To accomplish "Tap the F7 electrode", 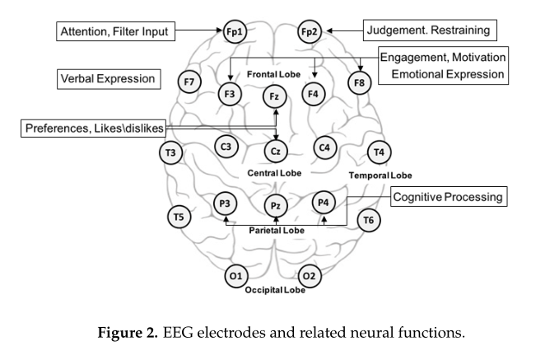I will pyautogui.click(x=190, y=82).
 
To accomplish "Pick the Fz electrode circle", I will pyautogui.click(x=275, y=97).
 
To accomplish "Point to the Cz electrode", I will pyautogui.click(x=275, y=151).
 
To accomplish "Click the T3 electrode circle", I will pyautogui.click(x=171, y=152).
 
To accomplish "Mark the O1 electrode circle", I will pyautogui.click(x=235, y=276).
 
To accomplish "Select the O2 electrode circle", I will pyautogui.click(x=310, y=276).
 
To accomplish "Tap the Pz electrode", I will pyautogui.click(x=276, y=204).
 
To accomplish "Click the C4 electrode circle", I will pyautogui.click(x=325, y=147).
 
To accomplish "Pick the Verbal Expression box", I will pyautogui.click(x=107, y=80).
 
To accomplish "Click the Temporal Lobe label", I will pyautogui.click(x=380, y=175).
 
